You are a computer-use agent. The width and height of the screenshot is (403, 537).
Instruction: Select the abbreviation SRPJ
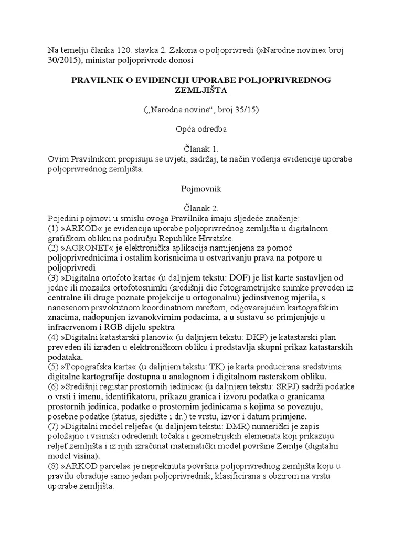[282, 386]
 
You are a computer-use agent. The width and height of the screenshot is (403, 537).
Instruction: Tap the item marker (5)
[53, 366]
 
